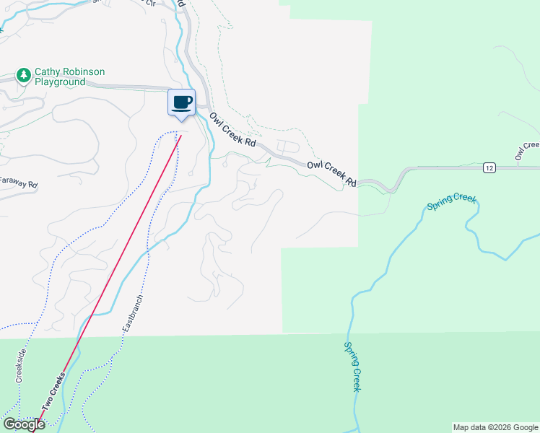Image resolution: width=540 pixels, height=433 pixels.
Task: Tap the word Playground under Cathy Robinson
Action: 60,82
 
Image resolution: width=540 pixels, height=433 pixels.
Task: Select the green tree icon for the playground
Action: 24,75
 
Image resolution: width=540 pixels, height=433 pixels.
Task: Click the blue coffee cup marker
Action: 182,102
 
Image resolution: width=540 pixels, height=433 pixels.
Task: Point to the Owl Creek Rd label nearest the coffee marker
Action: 233,130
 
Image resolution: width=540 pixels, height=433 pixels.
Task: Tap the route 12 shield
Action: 489,167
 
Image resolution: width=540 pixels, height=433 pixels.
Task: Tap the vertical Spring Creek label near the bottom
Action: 352,367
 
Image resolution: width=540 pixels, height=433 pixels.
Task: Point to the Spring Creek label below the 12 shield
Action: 451,202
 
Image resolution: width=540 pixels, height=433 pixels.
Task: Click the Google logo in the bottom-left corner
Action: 23,425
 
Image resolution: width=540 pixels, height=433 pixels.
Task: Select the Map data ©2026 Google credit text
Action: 495,427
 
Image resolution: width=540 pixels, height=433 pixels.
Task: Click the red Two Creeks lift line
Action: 123,267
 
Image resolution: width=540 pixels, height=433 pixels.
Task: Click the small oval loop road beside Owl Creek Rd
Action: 287,146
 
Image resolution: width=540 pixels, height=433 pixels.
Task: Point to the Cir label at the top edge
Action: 151,3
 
